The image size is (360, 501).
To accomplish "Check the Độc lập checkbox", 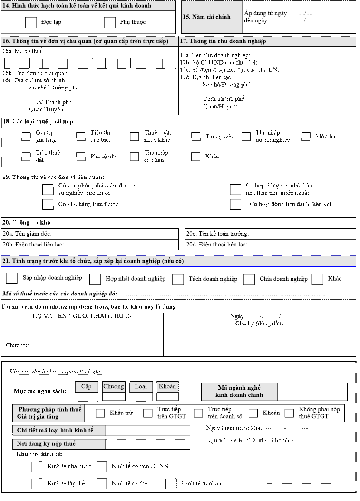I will point(31,22).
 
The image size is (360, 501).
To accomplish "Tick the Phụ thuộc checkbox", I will point(110,22).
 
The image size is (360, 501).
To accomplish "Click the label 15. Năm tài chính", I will point(206,17).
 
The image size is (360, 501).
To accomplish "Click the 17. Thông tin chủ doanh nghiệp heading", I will point(223,41).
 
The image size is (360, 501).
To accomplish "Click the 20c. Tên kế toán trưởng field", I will point(270,234).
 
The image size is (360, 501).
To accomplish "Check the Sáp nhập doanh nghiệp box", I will point(12,278).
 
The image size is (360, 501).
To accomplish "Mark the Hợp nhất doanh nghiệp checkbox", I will point(96,279).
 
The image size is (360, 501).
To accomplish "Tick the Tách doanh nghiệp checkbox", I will point(178,279).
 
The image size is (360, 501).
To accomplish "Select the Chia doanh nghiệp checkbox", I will point(249,279).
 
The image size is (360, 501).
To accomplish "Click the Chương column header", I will point(114,386).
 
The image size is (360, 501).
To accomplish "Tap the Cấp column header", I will point(86,386).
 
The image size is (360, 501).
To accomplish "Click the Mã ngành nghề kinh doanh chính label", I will point(239,391).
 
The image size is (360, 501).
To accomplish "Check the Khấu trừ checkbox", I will point(100,413).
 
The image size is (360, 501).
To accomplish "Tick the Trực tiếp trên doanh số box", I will point(199,413).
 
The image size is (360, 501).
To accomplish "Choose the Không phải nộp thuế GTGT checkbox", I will point(290,413).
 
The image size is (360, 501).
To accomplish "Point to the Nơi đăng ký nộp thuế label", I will point(47,444).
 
